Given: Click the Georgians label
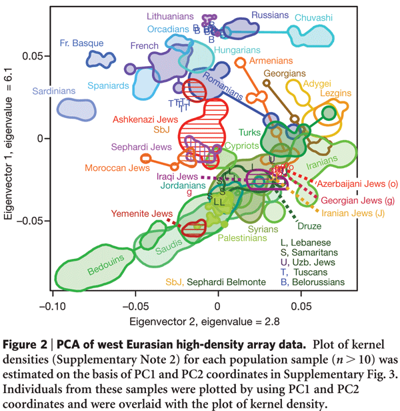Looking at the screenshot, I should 285,73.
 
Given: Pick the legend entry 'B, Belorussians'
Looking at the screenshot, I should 313,282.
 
